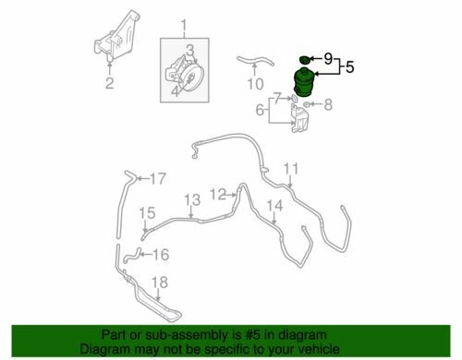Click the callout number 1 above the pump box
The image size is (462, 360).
pos(184,27)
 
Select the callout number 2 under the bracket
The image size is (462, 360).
pos(110,83)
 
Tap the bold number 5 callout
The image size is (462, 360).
pos(350,66)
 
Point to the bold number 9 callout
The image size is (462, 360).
pos(328,58)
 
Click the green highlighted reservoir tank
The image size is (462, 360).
pos(304,82)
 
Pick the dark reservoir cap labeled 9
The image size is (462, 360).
pos(304,59)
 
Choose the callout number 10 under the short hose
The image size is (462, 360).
pos(256,84)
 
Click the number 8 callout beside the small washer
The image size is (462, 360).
pos(328,104)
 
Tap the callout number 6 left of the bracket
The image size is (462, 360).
pos(260,110)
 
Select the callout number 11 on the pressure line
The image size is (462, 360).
pos(291,169)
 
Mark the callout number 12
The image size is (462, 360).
pos(218,195)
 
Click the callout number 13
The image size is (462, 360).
pos(192,200)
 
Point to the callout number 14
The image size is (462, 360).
pos(274,206)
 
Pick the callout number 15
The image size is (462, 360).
pos(147,213)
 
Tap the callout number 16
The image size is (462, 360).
pos(161,255)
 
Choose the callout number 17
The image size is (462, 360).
pos(158,179)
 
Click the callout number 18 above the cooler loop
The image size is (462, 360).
pos(160,282)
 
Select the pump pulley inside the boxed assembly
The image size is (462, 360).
pos(188,77)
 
